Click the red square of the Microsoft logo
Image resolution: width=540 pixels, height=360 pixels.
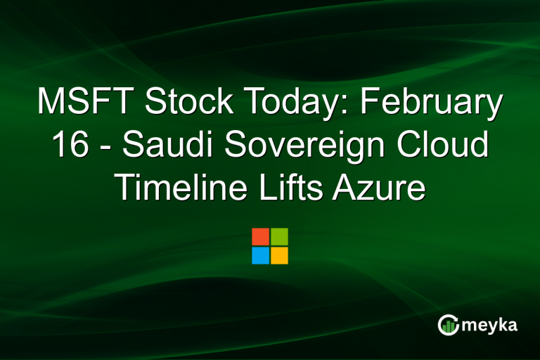(260, 236)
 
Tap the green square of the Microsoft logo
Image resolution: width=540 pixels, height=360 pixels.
(279, 236)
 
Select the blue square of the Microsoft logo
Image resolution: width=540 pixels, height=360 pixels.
(260, 255)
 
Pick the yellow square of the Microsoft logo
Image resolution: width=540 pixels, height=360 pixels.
(279, 255)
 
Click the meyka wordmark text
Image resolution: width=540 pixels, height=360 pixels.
(489, 326)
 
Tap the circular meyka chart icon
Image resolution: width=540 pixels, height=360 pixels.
(448, 324)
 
